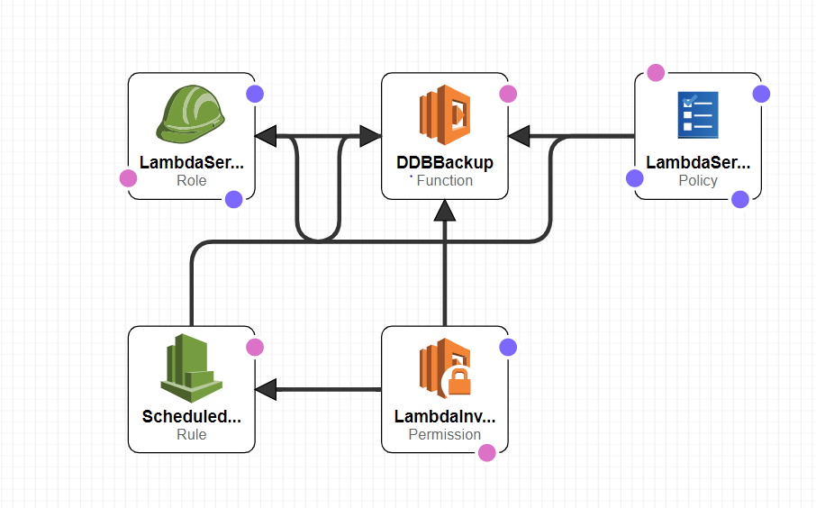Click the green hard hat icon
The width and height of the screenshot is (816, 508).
(191, 114)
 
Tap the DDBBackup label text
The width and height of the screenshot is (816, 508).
(445, 163)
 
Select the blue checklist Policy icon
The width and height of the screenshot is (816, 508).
(698, 114)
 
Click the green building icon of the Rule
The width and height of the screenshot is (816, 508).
(191, 367)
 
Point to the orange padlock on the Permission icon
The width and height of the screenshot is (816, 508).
(459, 382)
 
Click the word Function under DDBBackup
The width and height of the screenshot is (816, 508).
(445, 180)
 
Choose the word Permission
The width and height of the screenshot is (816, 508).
(445, 434)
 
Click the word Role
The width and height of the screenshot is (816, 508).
(191, 180)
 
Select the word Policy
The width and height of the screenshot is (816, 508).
(698, 180)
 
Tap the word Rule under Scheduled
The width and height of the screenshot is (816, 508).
(191, 434)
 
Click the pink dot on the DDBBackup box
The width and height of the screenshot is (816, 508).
(508, 94)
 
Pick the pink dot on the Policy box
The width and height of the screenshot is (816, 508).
(656, 73)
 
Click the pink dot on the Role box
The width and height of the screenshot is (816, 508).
(129, 178)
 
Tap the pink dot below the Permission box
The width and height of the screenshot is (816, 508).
(487, 452)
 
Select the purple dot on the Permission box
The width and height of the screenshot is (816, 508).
(508, 347)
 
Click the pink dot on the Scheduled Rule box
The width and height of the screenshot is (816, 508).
(255, 347)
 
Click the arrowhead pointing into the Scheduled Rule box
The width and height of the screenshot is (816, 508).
(266, 390)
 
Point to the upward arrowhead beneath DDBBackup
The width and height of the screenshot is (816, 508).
(445, 211)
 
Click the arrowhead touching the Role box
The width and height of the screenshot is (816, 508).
(266, 137)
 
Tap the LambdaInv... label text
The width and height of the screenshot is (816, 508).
(445, 417)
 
